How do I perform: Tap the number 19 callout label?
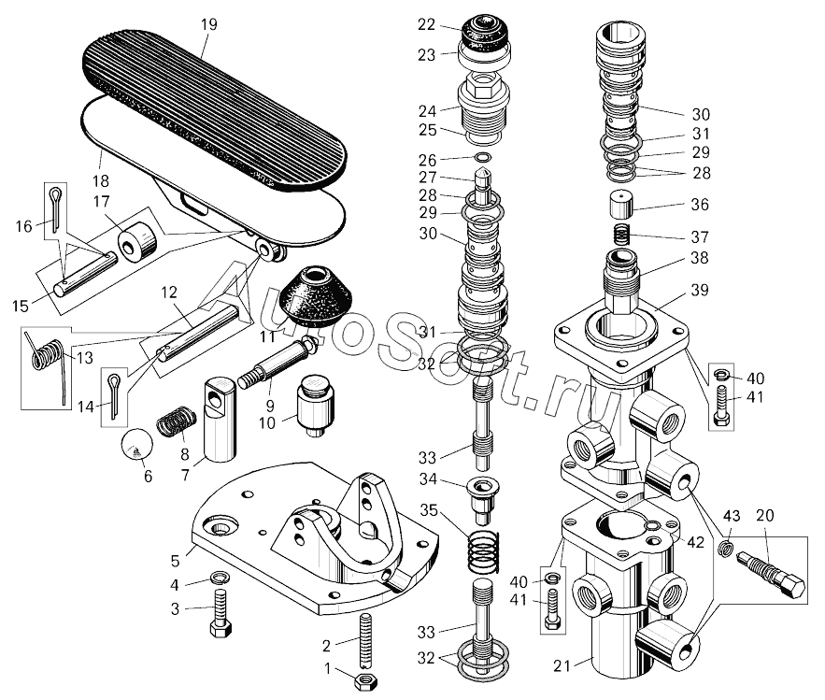(x=207, y=23)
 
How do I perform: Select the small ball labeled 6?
(x=136, y=448)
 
